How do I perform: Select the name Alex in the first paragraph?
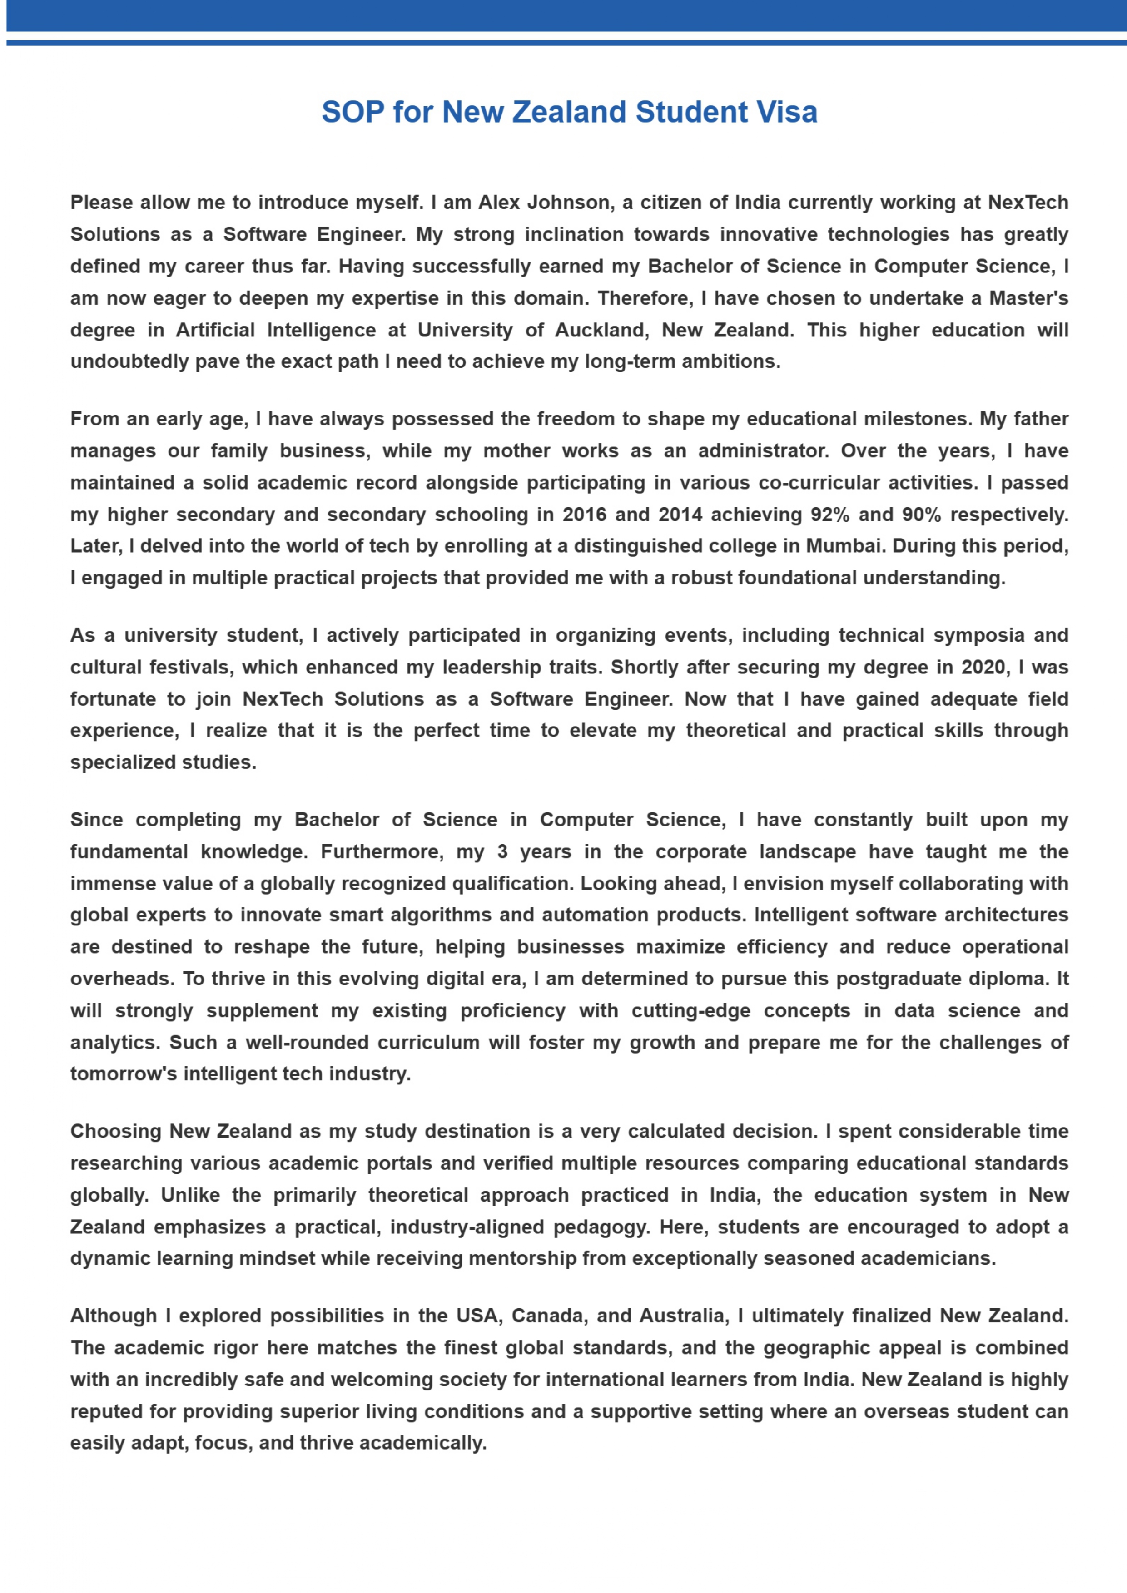[x=500, y=203]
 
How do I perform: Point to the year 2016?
[x=584, y=515]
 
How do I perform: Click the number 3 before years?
[x=502, y=852]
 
